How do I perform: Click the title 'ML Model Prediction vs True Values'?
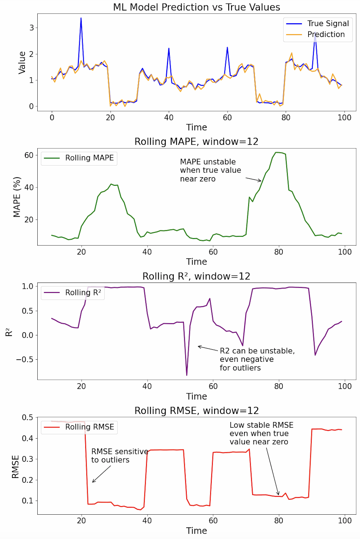[x=197, y=7]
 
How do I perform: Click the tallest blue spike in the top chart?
[x=81, y=19]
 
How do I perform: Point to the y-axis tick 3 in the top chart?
[x=32, y=28]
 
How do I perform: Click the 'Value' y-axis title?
[x=22, y=62]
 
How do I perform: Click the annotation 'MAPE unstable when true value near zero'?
[x=210, y=170]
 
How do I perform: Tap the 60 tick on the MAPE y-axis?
[x=29, y=155]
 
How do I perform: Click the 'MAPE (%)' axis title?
[x=17, y=197]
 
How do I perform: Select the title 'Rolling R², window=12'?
[x=196, y=276]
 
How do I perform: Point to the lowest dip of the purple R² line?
[x=187, y=375]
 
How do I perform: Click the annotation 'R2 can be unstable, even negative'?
[x=257, y=359]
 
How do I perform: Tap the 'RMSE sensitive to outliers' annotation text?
[x=119, y=456]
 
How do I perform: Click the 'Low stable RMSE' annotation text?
[x=261, y=433]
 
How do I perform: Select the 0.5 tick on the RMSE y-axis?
[x=27, y=417]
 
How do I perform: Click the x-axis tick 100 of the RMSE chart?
[x=345, y=521]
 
